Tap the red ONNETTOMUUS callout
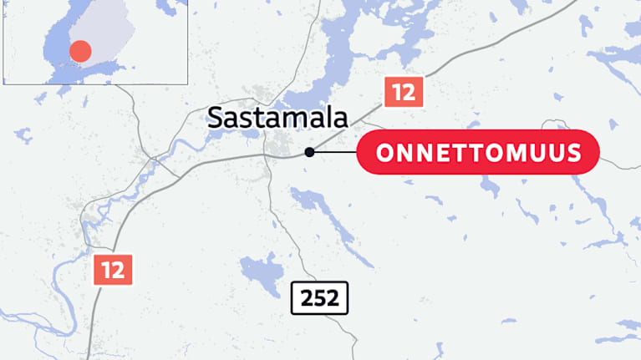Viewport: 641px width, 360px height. click(478, 152)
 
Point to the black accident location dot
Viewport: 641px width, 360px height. click(309, 152)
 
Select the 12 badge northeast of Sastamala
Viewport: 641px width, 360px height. click(404, 92)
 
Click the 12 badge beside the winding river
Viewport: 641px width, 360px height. click(113, 270)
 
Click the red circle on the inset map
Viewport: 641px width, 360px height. click(79, 51)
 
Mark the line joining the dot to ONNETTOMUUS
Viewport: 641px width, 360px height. click(334, 152)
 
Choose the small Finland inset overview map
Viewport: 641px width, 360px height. click(95, 42)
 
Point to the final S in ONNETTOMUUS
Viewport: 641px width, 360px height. click(582, 153)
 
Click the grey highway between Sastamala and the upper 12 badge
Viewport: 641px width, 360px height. click(351, 125)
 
